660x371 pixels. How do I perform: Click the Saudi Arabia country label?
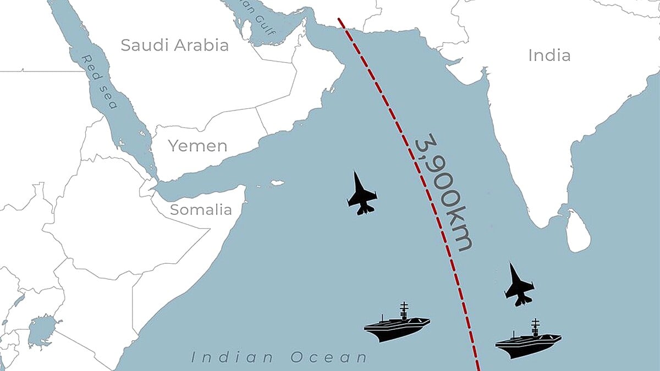click(174, 45)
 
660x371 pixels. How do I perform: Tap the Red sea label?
click(99, 81)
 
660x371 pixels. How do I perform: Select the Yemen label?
click(197, 146)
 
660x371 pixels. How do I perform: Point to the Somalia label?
click(201, 209)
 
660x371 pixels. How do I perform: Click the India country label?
click(549, 56)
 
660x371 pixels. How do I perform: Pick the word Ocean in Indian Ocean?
click(328, 358)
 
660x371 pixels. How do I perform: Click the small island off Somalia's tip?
click(277, 183)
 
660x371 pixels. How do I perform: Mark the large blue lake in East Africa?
click(42, 330)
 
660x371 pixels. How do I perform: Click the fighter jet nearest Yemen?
click(362, 193)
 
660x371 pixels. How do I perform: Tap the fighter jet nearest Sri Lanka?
click(519, 285)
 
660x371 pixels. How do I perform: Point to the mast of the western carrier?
click(404, 309)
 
